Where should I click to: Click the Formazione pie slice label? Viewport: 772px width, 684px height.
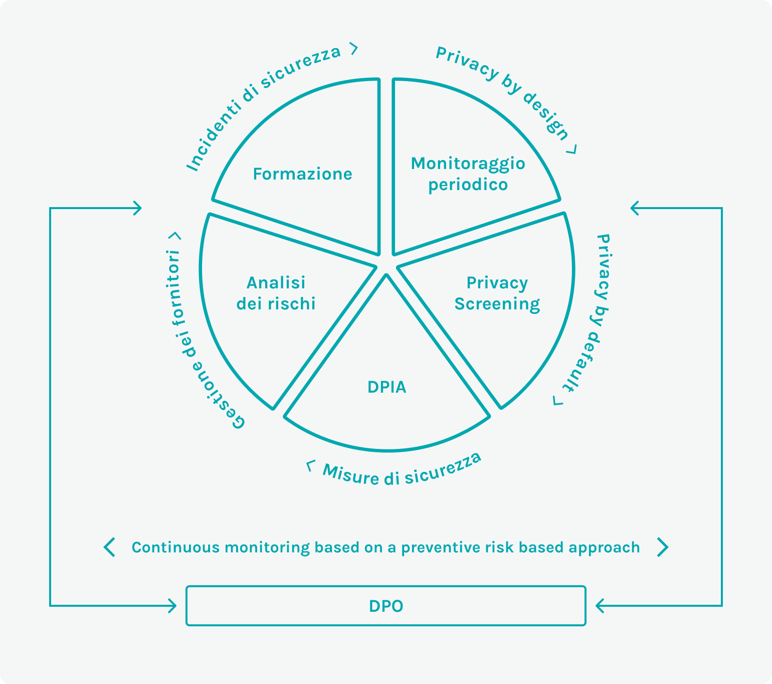tap(302, 174)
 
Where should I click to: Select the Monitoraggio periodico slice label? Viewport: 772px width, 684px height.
tap(468, 174)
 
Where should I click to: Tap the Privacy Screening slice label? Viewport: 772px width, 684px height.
tap(497, 293)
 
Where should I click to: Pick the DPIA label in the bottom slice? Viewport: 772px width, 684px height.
tap(387, 387)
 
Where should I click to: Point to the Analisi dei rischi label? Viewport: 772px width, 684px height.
tap(276, 293)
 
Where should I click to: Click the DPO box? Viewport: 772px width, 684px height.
tap(385, 606)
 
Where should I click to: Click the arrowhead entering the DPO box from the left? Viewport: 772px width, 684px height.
tap(172, 606)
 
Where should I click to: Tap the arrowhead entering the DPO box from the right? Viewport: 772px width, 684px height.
tap(600, 606)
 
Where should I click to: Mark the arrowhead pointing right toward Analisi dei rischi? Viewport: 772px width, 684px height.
tap(137, 208)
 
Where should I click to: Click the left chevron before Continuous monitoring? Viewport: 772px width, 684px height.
tap(109, 547)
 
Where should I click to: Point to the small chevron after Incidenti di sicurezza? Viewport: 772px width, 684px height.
tap(354, 49)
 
